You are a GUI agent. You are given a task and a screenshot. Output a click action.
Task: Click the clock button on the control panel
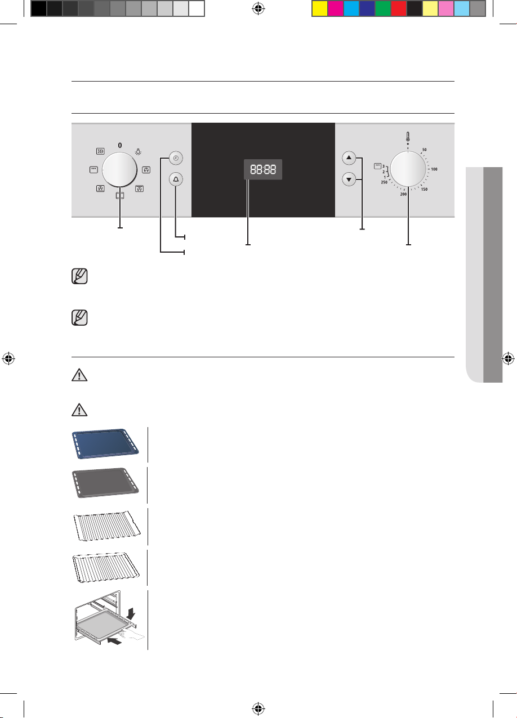[x=176, y=158]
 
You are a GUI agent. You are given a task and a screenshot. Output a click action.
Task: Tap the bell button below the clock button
[x=176, y=179]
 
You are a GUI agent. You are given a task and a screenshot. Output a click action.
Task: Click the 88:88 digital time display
[x=263, y=169]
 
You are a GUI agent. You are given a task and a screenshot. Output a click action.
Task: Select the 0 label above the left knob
[x=120, y=145]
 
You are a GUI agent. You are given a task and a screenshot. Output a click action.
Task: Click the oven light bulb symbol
[x=138, y=151]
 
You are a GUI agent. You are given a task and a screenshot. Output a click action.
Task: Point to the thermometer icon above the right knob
[x=408, y=137]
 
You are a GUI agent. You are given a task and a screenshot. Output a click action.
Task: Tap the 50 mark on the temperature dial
[x=424, y=150]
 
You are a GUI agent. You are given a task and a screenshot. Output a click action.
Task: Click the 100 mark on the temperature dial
[x=434, y=169]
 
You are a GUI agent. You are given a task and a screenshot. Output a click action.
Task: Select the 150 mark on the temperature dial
[x=424, y=189]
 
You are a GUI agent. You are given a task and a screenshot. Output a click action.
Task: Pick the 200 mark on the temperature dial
[x=403, y=194]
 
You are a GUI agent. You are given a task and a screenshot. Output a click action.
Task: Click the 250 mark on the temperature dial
[x=384, y=182]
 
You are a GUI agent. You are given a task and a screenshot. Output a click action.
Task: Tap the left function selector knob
[x=119, y=169]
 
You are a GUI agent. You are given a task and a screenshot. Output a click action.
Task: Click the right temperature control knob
[x=408, y=169]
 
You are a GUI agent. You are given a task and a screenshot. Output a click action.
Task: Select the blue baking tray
[x=105, y=444]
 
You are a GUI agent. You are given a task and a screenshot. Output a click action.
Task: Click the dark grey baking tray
[x=105, y=483]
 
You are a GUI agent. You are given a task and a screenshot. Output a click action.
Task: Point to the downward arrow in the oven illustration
[x=131, y=614]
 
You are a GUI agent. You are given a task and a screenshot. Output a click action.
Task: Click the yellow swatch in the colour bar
[x=319, y=8]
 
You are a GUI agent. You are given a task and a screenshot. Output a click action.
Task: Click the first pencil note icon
[x=79, y=276]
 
